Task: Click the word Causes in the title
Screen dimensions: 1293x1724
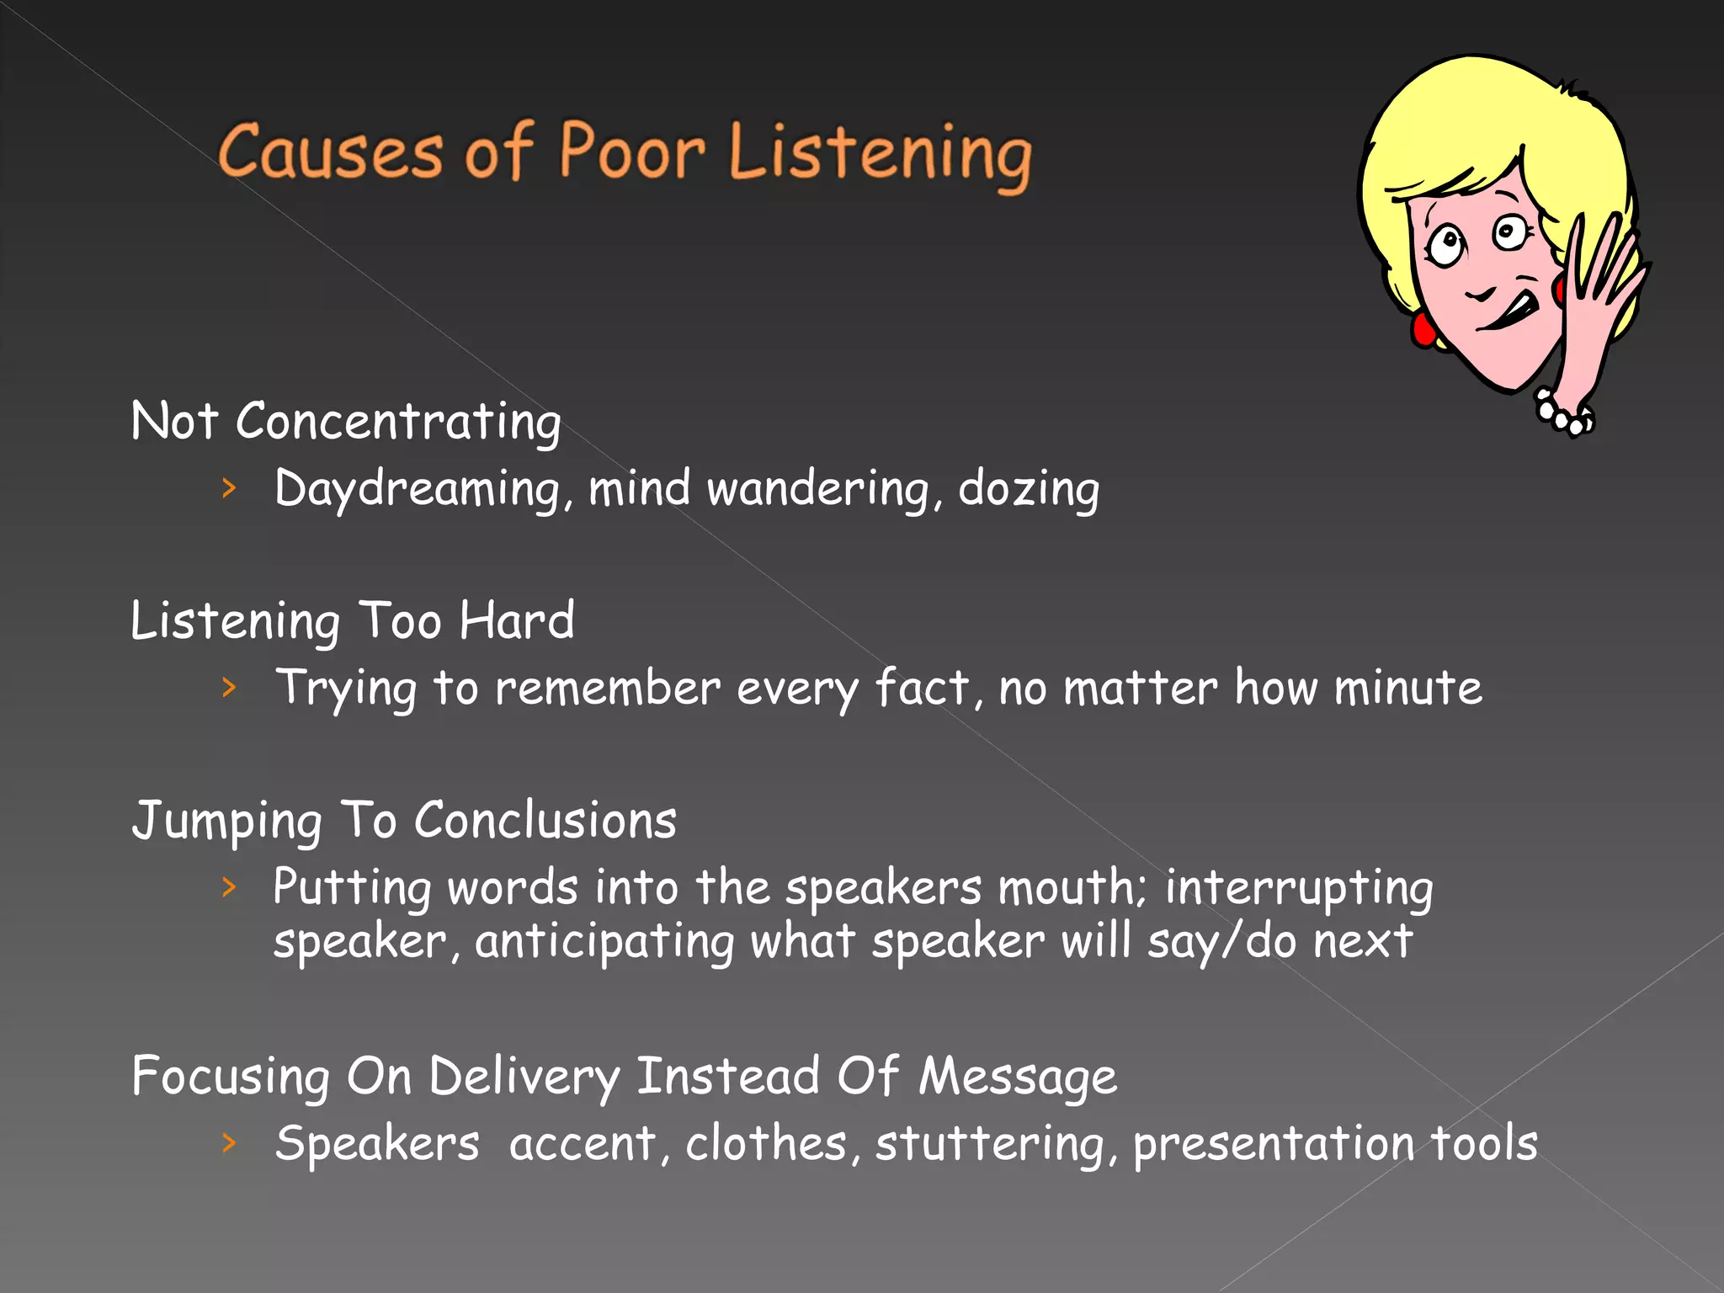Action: click(329, 152)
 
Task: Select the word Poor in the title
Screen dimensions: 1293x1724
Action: click(631, 151)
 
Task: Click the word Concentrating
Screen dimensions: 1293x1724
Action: click(398, 422)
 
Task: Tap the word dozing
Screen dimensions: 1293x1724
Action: click(1029, 490)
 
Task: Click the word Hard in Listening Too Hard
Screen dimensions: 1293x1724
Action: click(517, 621)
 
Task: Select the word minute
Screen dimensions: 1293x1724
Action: click(1407, 688)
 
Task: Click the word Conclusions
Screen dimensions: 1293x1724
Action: click(545, 821)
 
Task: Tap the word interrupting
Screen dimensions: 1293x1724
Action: click(1299, 889)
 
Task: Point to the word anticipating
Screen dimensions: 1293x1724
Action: click(604, 942)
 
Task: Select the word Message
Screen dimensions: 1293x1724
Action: click(1017, 1077)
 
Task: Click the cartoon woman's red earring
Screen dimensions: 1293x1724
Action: click(1423, 328)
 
